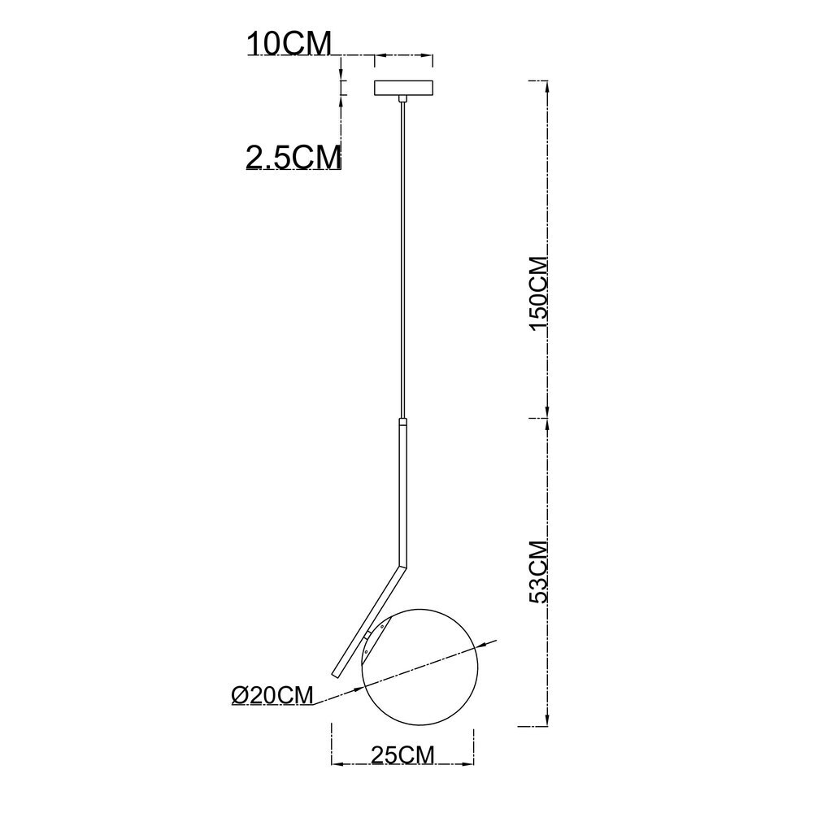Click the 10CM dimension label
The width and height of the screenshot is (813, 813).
pos(289,44)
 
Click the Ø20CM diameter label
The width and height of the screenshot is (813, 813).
pos(272,695)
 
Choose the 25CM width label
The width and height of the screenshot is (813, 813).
pos(402,755)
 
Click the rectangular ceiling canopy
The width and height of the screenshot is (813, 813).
pos(404,88)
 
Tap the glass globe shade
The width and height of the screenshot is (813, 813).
pos(420,667)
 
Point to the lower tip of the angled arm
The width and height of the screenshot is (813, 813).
pos(335,675)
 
